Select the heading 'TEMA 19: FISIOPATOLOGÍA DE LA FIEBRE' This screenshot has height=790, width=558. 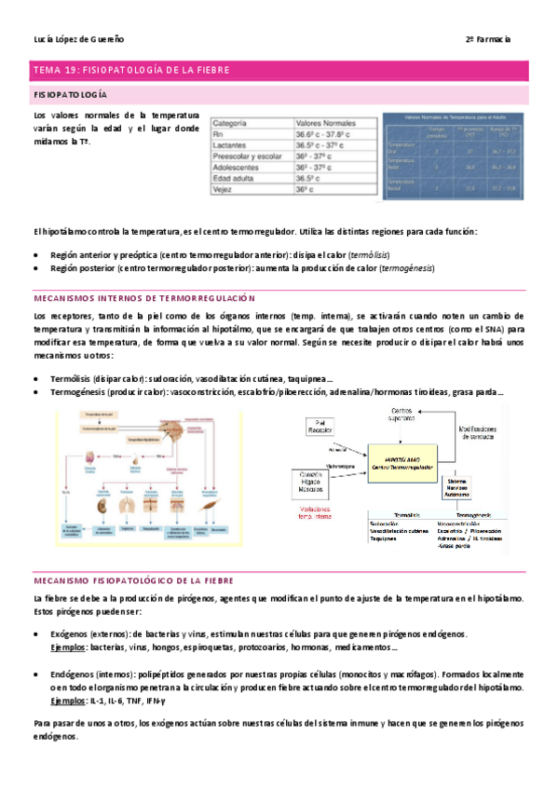(130, 70)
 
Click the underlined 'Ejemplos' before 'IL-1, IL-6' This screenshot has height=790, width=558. (69, 701)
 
